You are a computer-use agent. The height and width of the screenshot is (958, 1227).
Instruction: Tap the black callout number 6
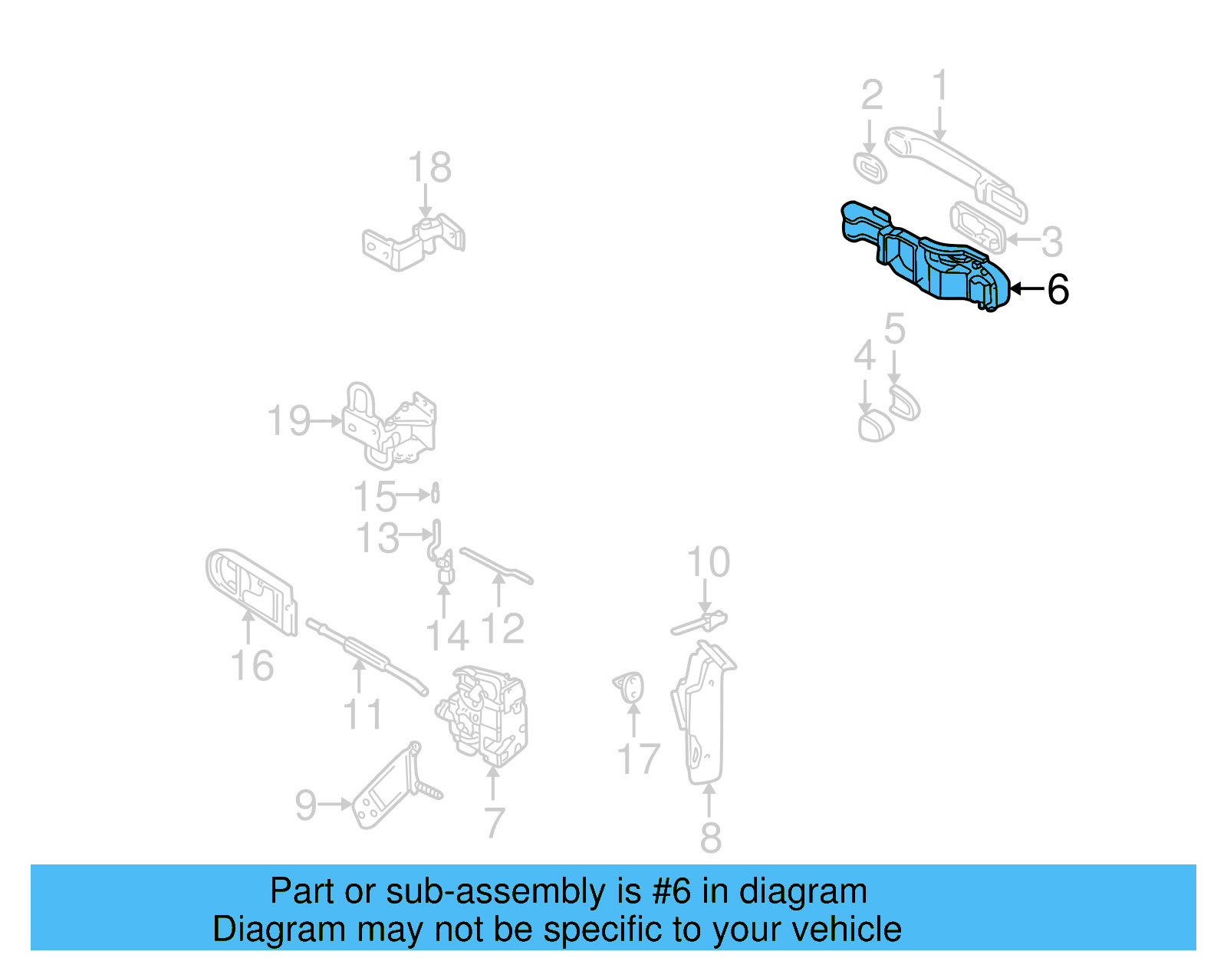pos(1058,290)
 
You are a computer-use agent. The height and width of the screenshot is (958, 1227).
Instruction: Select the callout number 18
pos(429,167)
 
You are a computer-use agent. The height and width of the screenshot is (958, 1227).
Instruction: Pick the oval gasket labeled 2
pos(870,167)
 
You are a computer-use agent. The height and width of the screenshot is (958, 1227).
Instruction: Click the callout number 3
pos(1051,242)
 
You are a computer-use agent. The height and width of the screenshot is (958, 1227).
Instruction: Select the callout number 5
pos(894,328)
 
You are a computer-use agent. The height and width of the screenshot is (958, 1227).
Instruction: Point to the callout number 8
pos(710,837)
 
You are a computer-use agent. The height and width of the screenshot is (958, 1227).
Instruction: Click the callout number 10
pos(708,562)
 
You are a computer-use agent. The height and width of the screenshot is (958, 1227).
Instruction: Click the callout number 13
pos(377,538)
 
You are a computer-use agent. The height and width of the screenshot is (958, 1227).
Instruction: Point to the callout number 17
pos(638,759)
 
